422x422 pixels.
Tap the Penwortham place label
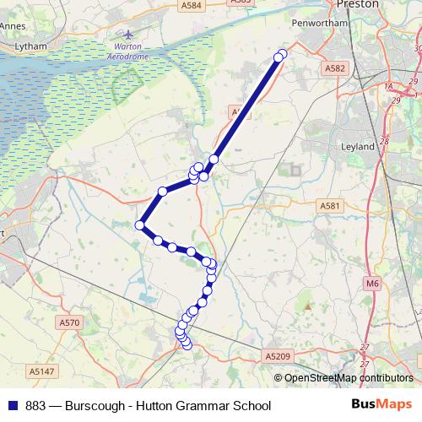click(x=314, y=24)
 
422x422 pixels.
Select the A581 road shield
click(x=329, y=205)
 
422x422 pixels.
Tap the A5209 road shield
click(x=277, y=358)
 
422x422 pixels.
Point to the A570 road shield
click(x=70, y=322)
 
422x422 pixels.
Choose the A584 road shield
click(x=192, y=5)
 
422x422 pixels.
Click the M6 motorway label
click(x=373, y=284)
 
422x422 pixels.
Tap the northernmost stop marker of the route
click(x=281, y=56)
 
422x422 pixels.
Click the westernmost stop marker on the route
click(x=140, y=225)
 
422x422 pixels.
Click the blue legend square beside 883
click(x=14, y=405)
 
